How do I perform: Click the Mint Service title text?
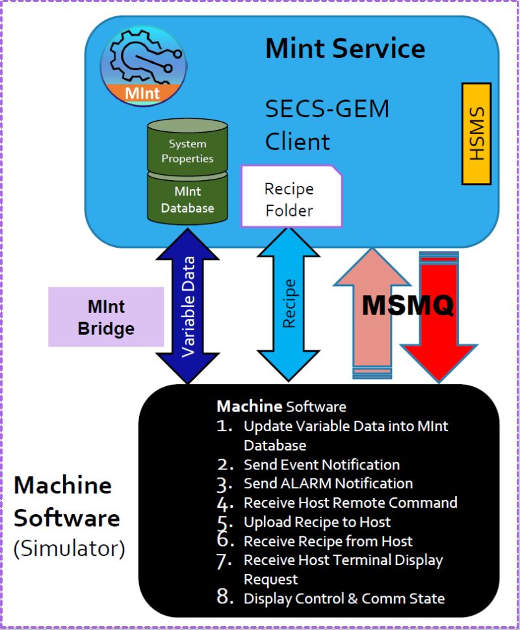(x=345, y=49)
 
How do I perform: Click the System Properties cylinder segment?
(x=187, y=150)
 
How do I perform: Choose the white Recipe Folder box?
(x=291, y=198)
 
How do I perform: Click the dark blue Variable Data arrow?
(x=188, y=306)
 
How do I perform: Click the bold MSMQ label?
(x=408, y=305)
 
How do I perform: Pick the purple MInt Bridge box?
(x=106, y=317)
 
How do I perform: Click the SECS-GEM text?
(x=327, y=109)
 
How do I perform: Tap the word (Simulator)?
(x=69, y=548)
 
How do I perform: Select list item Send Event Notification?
(x=321, y=465)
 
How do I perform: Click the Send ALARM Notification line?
(x=328, y=484)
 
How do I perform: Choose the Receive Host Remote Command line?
(x=350, y=503)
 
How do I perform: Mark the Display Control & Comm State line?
(x=343, y=599)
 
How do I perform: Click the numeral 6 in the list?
(x=224, y=540)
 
